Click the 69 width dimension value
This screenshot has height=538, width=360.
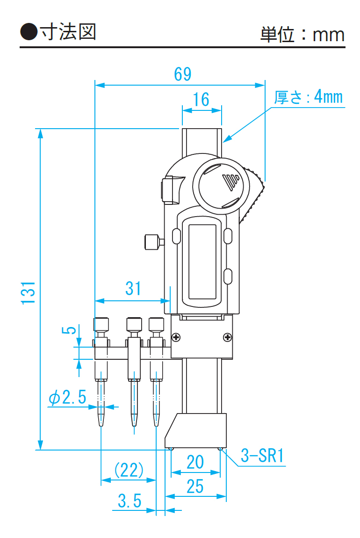(183, 74)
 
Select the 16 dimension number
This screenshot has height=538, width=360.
(201, 100)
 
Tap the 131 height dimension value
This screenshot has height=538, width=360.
(29, 293)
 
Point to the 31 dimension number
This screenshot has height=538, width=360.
(133, 289)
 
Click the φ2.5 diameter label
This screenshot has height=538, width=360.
(67, 398)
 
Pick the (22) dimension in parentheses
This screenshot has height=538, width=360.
(129, 470)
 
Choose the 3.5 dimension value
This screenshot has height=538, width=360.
(130, 501)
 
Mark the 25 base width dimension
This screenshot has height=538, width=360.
(195, 487)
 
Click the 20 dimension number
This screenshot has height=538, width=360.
(195, 462)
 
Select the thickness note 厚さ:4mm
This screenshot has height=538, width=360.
(308, 97)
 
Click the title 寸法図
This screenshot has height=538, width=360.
(68, 32)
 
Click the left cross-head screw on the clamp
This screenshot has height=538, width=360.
(176, 337)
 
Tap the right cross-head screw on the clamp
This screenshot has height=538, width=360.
(227, 337)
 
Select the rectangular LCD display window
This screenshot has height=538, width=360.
(202, 262)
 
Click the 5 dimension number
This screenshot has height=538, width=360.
(69, 330)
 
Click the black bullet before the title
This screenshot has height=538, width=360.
(29, 32)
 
